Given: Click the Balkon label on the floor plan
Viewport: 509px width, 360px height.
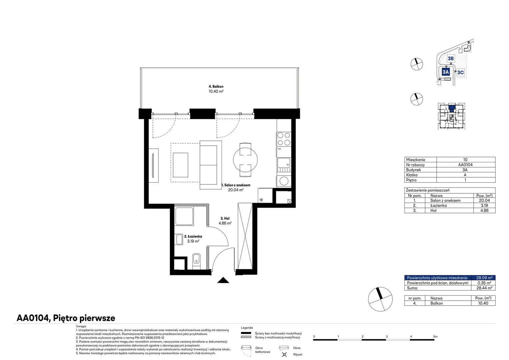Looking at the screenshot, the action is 216,86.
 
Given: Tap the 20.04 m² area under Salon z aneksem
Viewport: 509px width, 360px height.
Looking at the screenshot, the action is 236,190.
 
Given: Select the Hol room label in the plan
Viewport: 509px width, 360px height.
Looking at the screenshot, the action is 225,218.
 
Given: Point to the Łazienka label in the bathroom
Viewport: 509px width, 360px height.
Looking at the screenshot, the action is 193,236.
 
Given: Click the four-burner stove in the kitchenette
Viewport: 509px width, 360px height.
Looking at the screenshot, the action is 284,139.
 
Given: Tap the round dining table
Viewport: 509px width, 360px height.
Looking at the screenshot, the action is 246,160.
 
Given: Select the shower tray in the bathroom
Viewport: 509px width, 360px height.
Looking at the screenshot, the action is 184,216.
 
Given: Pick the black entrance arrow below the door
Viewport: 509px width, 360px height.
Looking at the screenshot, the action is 223,280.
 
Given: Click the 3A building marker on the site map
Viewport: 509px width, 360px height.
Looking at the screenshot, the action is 446,72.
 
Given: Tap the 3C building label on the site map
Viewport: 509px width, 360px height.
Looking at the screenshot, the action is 460,73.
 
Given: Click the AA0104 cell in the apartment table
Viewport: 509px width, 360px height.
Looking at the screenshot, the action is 465,165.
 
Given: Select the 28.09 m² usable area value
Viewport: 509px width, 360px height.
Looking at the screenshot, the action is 484,278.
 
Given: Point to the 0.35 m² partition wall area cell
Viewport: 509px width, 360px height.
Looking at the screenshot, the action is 484,283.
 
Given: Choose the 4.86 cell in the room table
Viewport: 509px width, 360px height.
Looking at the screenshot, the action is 484,210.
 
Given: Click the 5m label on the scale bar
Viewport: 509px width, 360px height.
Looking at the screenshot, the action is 435,336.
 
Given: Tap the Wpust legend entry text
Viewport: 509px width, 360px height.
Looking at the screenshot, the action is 297,354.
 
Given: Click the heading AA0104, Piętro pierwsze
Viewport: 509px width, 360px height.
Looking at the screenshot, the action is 66,318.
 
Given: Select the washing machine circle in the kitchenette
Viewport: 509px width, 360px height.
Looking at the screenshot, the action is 284,181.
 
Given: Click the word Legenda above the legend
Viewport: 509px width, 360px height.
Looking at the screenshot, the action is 247,328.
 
